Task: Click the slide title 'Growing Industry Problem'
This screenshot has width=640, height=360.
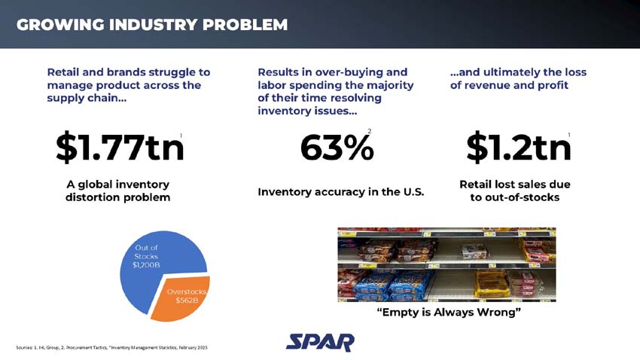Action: [152, 25]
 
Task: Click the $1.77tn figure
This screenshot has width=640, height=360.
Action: [120, 148]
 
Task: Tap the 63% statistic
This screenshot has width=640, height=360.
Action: [337, 148]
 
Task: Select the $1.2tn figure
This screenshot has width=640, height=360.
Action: [518, 148]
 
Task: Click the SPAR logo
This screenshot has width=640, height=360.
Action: [320, 343]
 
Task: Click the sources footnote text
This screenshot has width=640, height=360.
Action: [111, 347]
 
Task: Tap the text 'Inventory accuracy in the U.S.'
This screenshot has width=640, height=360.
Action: [341, 192]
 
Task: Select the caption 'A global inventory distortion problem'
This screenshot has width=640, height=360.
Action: [118, 191]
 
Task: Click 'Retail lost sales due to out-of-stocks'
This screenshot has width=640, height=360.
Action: [514, 191]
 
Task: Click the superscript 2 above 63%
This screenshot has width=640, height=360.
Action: [369, 132]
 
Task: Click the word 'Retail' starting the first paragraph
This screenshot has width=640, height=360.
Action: [65, 72]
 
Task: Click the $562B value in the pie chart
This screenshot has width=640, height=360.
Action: [186, 301]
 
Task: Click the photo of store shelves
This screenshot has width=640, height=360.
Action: [446, 264]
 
